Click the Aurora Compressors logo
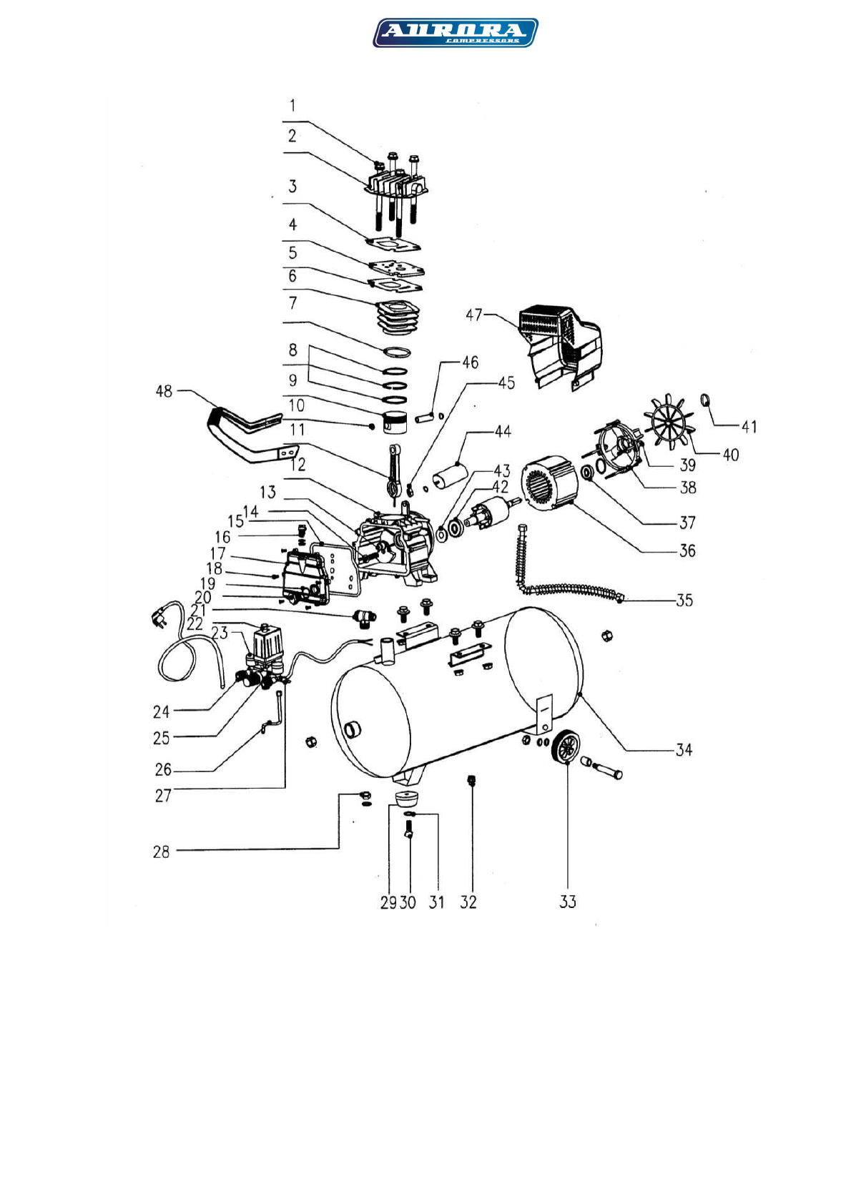click(x=455, y=33)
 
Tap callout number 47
click(x=474, y=315)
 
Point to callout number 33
click(x=567, y=902)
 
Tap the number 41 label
click(x=749, y=427)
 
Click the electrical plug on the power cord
click(x=159, y=615)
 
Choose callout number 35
click(x=684, y=600)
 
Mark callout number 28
click(x=162, y=852)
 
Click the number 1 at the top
click(x=292, y=106)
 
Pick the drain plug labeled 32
click(x=471, y=779)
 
